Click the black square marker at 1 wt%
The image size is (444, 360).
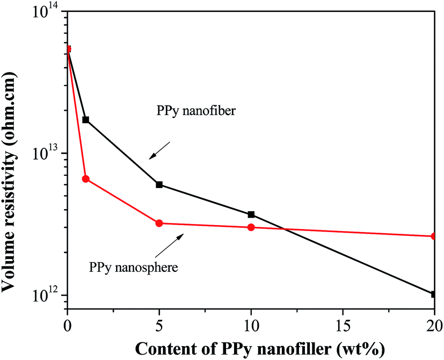tap(85, 119)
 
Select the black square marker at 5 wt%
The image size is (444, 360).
tap(159, 184)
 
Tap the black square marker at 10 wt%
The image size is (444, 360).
tap(251, 214)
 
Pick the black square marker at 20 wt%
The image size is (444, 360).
tap(434, 294)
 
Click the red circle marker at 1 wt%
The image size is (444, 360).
tap(85, 179)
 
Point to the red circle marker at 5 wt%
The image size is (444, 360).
tap(159, 223)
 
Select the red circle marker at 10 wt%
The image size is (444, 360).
tap(251, 227)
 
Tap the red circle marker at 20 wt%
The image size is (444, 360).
tap(434, 236)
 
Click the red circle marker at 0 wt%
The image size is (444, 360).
tap(68, 49)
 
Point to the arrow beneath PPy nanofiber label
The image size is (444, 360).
tap(160, 150)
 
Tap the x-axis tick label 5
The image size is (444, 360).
tap(159, 325)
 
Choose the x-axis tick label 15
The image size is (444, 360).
tap(342, 325)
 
